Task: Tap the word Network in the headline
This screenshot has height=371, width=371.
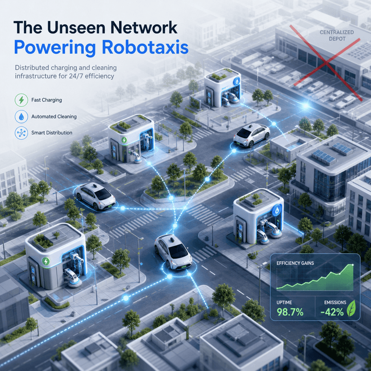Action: point(144,28)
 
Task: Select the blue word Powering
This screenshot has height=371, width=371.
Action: point(55,48)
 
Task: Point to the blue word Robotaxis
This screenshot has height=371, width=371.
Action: point(145,47)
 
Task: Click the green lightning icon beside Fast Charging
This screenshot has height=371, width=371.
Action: point(22,100)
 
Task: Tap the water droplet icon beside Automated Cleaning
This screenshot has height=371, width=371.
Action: point(22,116)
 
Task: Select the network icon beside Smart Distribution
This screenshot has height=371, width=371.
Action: point(22,133)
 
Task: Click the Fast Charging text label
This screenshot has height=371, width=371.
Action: point(47,100)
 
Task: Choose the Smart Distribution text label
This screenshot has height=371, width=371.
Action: point(52,133)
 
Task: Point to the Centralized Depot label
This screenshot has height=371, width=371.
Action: point(336,35)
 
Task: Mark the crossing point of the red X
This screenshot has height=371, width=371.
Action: point(326,63)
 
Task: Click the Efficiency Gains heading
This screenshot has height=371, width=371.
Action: point(295,263)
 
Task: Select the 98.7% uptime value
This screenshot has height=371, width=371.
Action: point(290,312)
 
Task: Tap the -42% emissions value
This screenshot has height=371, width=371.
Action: point(332,312)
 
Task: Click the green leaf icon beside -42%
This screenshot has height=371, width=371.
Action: point(351,308)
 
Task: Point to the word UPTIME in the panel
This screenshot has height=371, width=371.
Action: point(284,302)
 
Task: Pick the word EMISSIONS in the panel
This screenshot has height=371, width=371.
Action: point(335,302)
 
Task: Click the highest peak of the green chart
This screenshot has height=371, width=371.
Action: point(353,264)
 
